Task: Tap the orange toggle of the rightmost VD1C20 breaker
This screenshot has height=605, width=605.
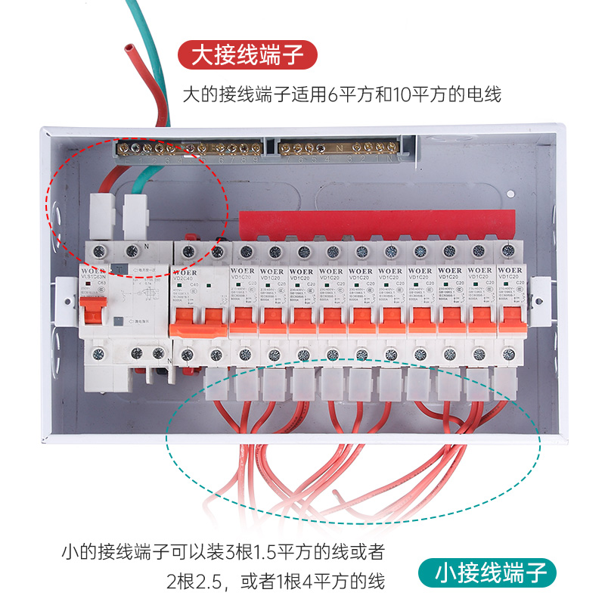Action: coord(508,318)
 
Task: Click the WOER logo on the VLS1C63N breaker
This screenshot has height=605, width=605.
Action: coord(94,265)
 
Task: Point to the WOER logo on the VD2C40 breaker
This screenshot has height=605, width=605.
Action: coord(185,271)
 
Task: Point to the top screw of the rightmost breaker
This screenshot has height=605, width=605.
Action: coord(507,250)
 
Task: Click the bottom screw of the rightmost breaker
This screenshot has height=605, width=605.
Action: coord(507,353)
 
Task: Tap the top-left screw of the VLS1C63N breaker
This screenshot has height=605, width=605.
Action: coord(98,250)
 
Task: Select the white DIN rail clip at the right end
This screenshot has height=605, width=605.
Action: coord(538,299)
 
